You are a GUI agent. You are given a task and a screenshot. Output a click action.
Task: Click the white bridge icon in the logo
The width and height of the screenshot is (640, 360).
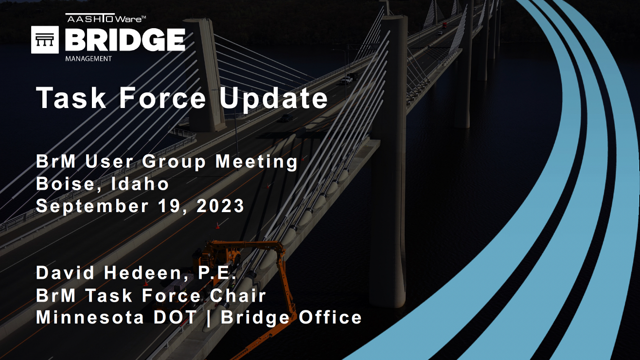45,40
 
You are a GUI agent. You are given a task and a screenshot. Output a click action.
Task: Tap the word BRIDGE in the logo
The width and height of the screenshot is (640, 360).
125,40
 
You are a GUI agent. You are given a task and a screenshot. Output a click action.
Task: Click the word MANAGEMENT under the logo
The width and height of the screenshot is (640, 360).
89,59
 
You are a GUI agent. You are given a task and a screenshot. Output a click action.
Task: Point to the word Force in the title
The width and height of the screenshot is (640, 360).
162,98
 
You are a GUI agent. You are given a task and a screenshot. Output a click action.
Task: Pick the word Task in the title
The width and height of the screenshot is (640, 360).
71,98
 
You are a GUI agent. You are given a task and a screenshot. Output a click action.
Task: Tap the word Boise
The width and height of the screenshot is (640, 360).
69,184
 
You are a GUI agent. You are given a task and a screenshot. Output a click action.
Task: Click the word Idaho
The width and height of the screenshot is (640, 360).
140,184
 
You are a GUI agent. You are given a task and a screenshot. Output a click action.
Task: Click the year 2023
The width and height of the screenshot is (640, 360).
220,206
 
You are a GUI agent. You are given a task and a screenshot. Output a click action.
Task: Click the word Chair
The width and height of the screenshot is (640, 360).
238,295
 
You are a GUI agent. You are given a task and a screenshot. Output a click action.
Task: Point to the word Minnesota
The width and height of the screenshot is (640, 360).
90,317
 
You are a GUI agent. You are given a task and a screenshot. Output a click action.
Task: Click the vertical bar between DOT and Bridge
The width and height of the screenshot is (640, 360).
209,318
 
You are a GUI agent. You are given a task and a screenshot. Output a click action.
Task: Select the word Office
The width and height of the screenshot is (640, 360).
330,317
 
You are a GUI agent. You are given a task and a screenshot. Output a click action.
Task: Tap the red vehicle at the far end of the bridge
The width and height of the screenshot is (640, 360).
444,25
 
